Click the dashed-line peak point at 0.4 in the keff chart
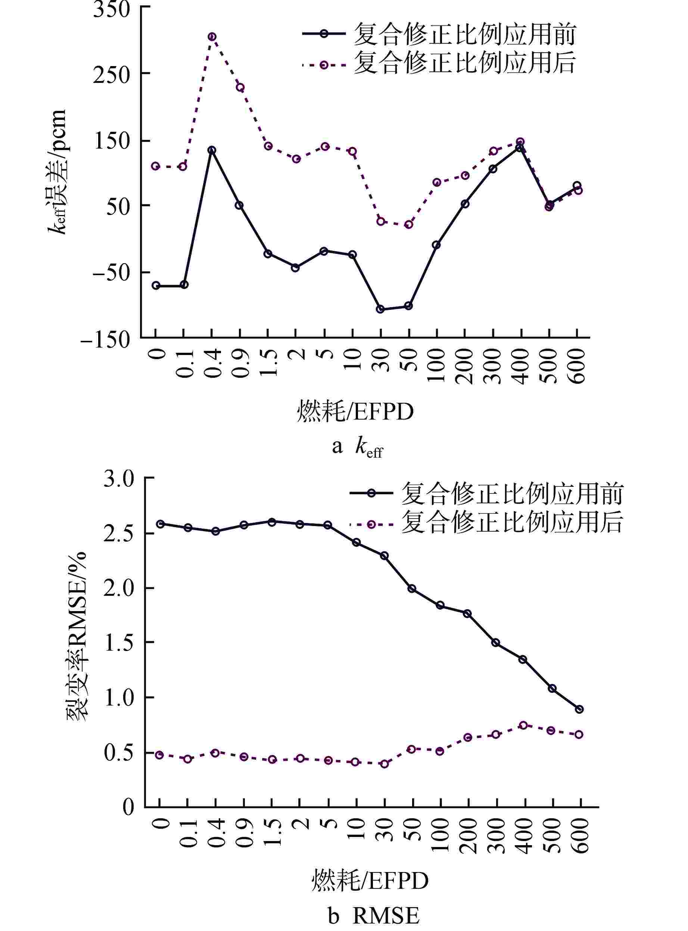pyautogui.click(x=212, y=37)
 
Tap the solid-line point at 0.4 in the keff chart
pyautogui.click(x=212, y=150)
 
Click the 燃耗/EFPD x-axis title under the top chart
pyautogui.click(x=355, y=412)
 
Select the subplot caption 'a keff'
pyautogui.click(x=357, y=447)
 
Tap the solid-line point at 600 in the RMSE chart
pyautogui.click(x=579, y=709)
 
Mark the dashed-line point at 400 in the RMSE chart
pyautogui.click(x=523, y=725)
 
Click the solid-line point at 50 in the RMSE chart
pyautogui.click(x=412, y=588)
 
